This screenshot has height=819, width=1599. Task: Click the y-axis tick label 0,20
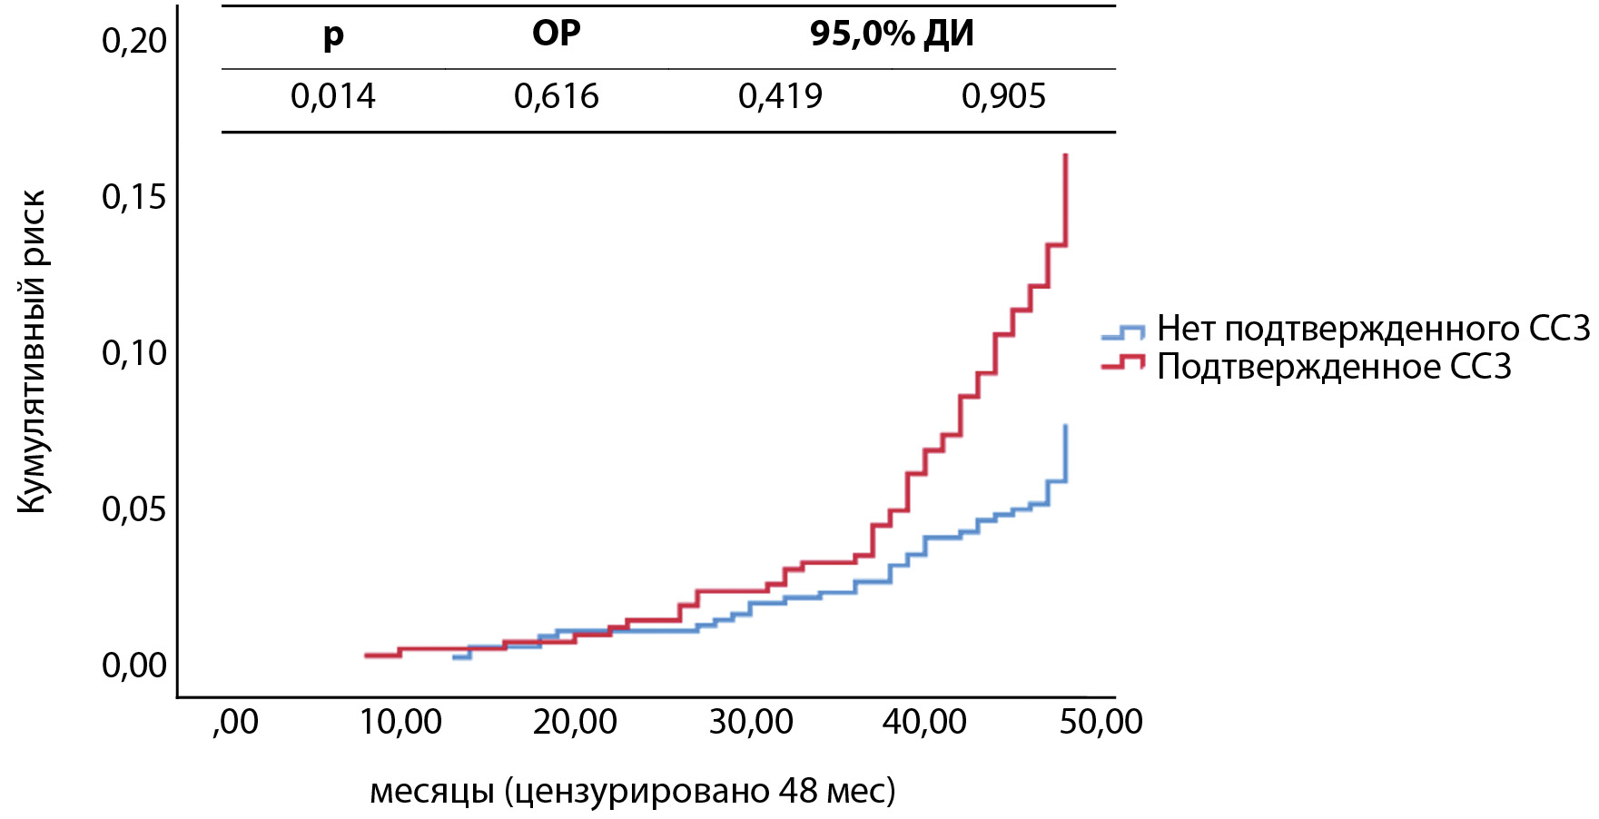click(x=134, y=41)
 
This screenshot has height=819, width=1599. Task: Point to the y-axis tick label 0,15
click(x=134, y=197)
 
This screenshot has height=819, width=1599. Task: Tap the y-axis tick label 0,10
click(x=134, y=353)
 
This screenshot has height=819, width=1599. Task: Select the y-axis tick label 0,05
click(x=134, y=509)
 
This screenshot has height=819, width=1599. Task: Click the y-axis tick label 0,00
click(x=134, y=666)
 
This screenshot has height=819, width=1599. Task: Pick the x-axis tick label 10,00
click(x=400, y=723)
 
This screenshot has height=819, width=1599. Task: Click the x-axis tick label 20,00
click(x=576, y=723)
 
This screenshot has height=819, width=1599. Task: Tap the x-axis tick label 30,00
click(x=751, y=723)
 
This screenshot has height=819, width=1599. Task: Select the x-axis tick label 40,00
click(x=925, y=723)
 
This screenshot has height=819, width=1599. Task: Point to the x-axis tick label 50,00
click(x=1101, y=723)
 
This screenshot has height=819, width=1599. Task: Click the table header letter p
click(x=333, y=36)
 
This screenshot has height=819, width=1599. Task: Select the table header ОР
click(x=556, y=34)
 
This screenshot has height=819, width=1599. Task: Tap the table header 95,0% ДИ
click(x=892, y=35)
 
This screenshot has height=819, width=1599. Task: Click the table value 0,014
click(x=332, y=96)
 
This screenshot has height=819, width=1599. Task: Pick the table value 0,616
click(x=556, y=96)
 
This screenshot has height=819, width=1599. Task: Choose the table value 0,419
click(x=780, y=96)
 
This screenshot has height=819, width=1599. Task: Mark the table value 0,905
click(x=1003, y=96)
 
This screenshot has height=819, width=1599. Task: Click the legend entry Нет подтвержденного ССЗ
click(x=1373, y=329)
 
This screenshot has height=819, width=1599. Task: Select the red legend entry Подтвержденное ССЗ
click(x=1333, y=367)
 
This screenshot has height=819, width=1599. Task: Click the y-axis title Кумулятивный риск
click(x=32, y=352)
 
